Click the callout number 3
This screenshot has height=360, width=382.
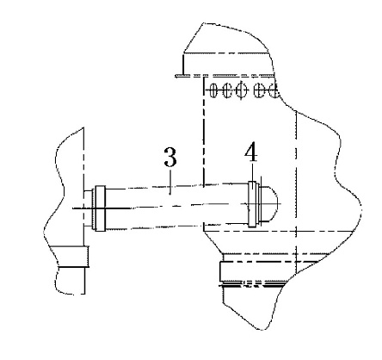170,157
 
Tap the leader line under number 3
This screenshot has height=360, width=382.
170,182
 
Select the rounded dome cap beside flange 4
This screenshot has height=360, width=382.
271,204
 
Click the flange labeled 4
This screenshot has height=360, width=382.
252,204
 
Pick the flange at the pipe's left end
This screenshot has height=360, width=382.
100,208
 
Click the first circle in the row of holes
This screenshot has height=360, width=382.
213,90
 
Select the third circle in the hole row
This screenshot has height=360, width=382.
242,90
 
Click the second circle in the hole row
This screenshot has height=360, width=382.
227,90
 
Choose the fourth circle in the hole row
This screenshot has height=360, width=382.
260,90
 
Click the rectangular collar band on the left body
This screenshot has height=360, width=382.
74,257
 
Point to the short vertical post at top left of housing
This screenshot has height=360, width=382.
183,64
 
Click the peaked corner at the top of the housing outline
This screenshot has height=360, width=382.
203,23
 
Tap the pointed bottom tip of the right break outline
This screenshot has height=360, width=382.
262,330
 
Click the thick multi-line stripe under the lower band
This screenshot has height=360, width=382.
252,284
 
